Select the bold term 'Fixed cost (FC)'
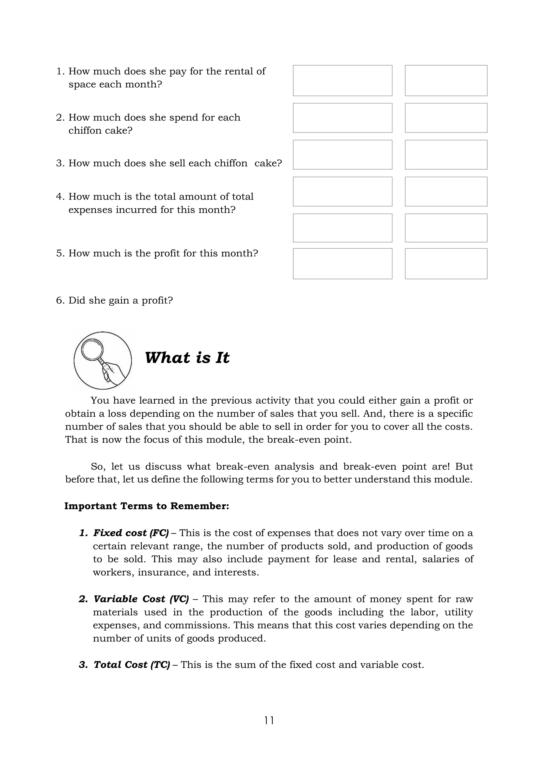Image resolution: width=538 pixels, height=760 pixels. coord(131,533)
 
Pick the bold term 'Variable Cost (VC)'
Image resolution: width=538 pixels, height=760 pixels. coord(141,599)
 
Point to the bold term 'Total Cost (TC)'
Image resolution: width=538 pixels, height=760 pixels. coord(132,665)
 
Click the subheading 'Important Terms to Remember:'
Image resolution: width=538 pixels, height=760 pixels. coord(146,506)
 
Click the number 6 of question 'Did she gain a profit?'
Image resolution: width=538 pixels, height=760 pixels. coord(59,300)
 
